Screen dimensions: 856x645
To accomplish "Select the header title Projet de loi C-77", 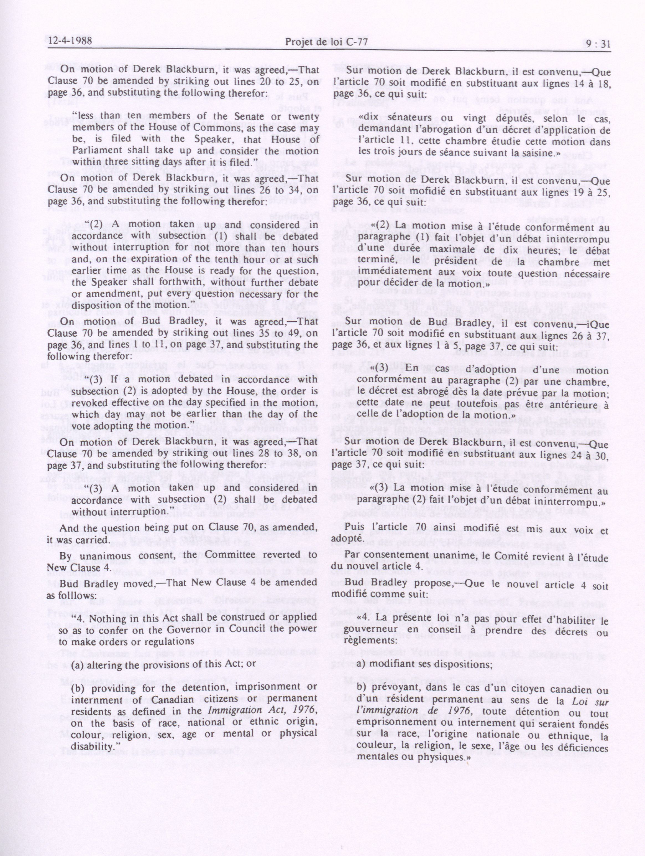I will tap(326, 42).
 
